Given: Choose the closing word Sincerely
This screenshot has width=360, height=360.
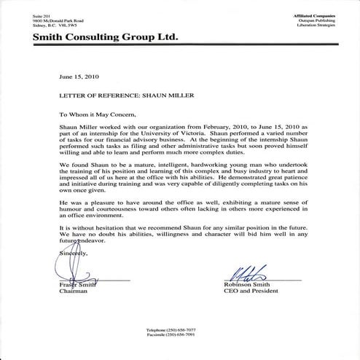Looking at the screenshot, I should (69, 251).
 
